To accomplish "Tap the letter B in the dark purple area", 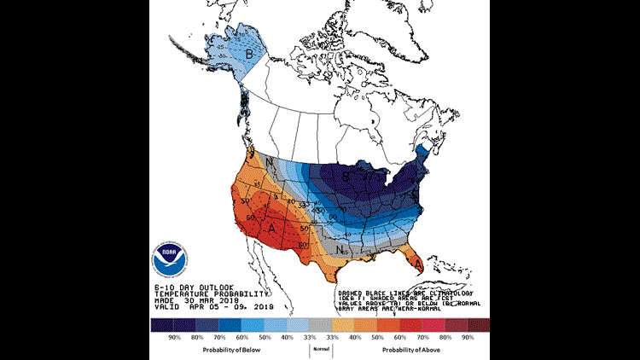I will [345, 177].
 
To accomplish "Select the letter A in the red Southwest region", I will [271, 229].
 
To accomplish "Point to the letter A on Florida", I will [418, 264].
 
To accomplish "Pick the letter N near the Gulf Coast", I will [340, 250].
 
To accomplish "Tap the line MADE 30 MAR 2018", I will [185, 301].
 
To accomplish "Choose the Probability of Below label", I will [231, 350].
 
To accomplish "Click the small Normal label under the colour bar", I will [320, 349].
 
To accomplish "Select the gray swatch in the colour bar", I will [320, 325].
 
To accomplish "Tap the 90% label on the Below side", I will [176, 338].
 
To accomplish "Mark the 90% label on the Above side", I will [468, 338].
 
